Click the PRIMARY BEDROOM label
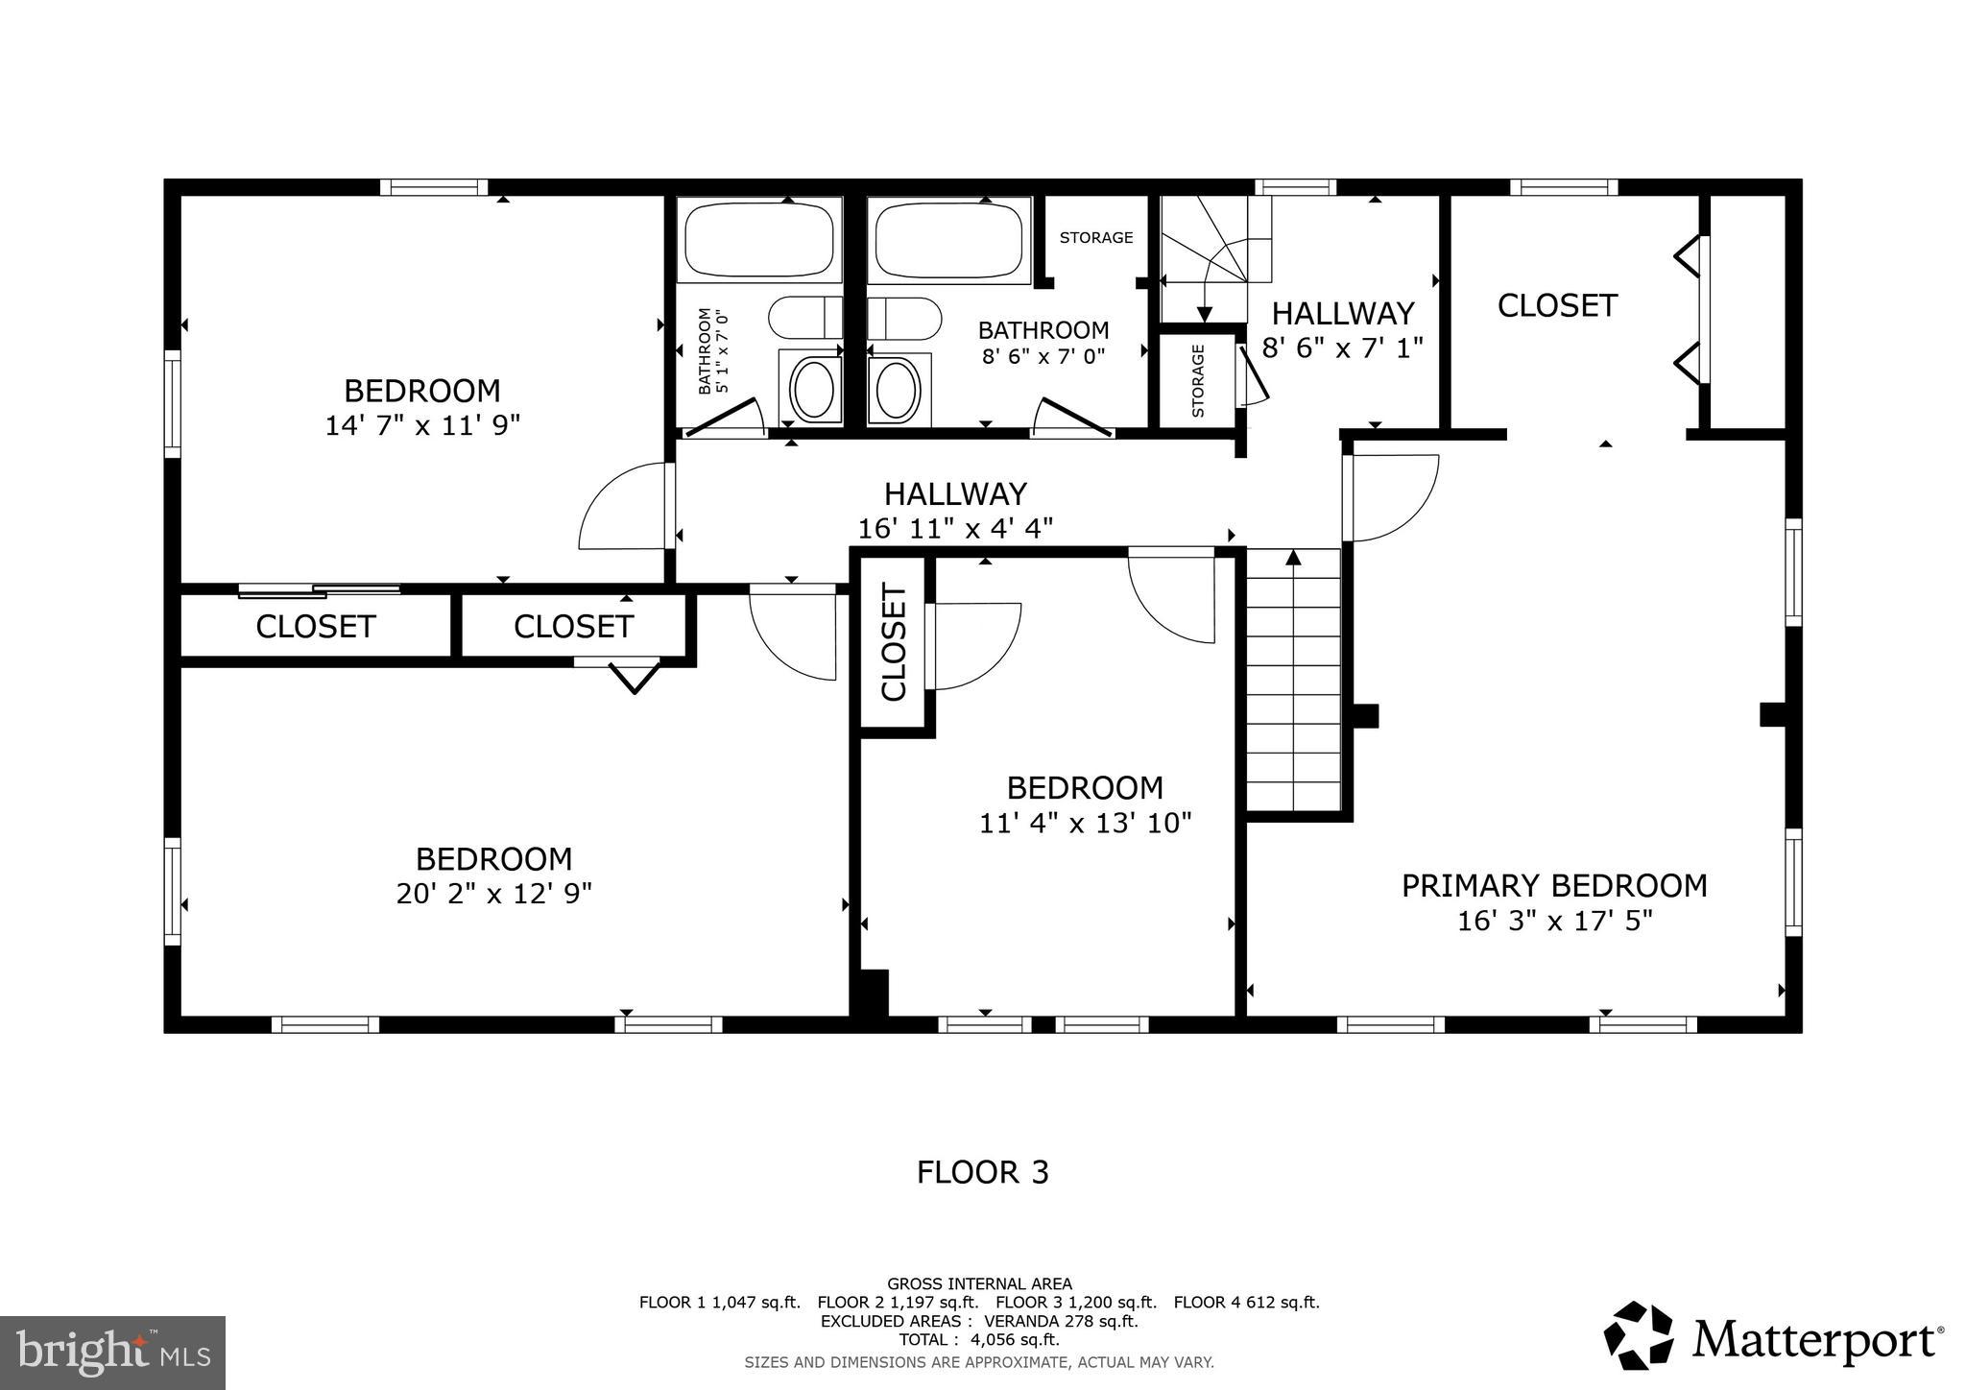pyautogui.click(x=1554, y=885)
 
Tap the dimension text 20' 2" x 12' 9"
pyautogui.click(x=493, y=894)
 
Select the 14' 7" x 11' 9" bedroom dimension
pyautogui.click(x=422, y=425)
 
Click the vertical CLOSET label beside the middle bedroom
pyautogui.click(x=894, y=643)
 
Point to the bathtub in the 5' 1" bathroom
pyautogui.click(x=759, y=240)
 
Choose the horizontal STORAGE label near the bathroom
pyautogui.click(x=1095, y=237)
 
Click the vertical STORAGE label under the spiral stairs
pyautogui.click(x=1197, y=381)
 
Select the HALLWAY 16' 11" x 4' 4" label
pyautogui.click(x=955, y=511)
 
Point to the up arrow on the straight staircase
pyautogui.click(x=1293, y=558)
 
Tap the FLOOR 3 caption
pyautogui.click(x=982, y=1172)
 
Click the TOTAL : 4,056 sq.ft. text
pyautogui.click(x=979, y=1340)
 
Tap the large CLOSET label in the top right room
pyautogui.click(x=1557, y=305)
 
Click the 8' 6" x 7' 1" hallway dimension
pyautogui.click(x=1342, y=347)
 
